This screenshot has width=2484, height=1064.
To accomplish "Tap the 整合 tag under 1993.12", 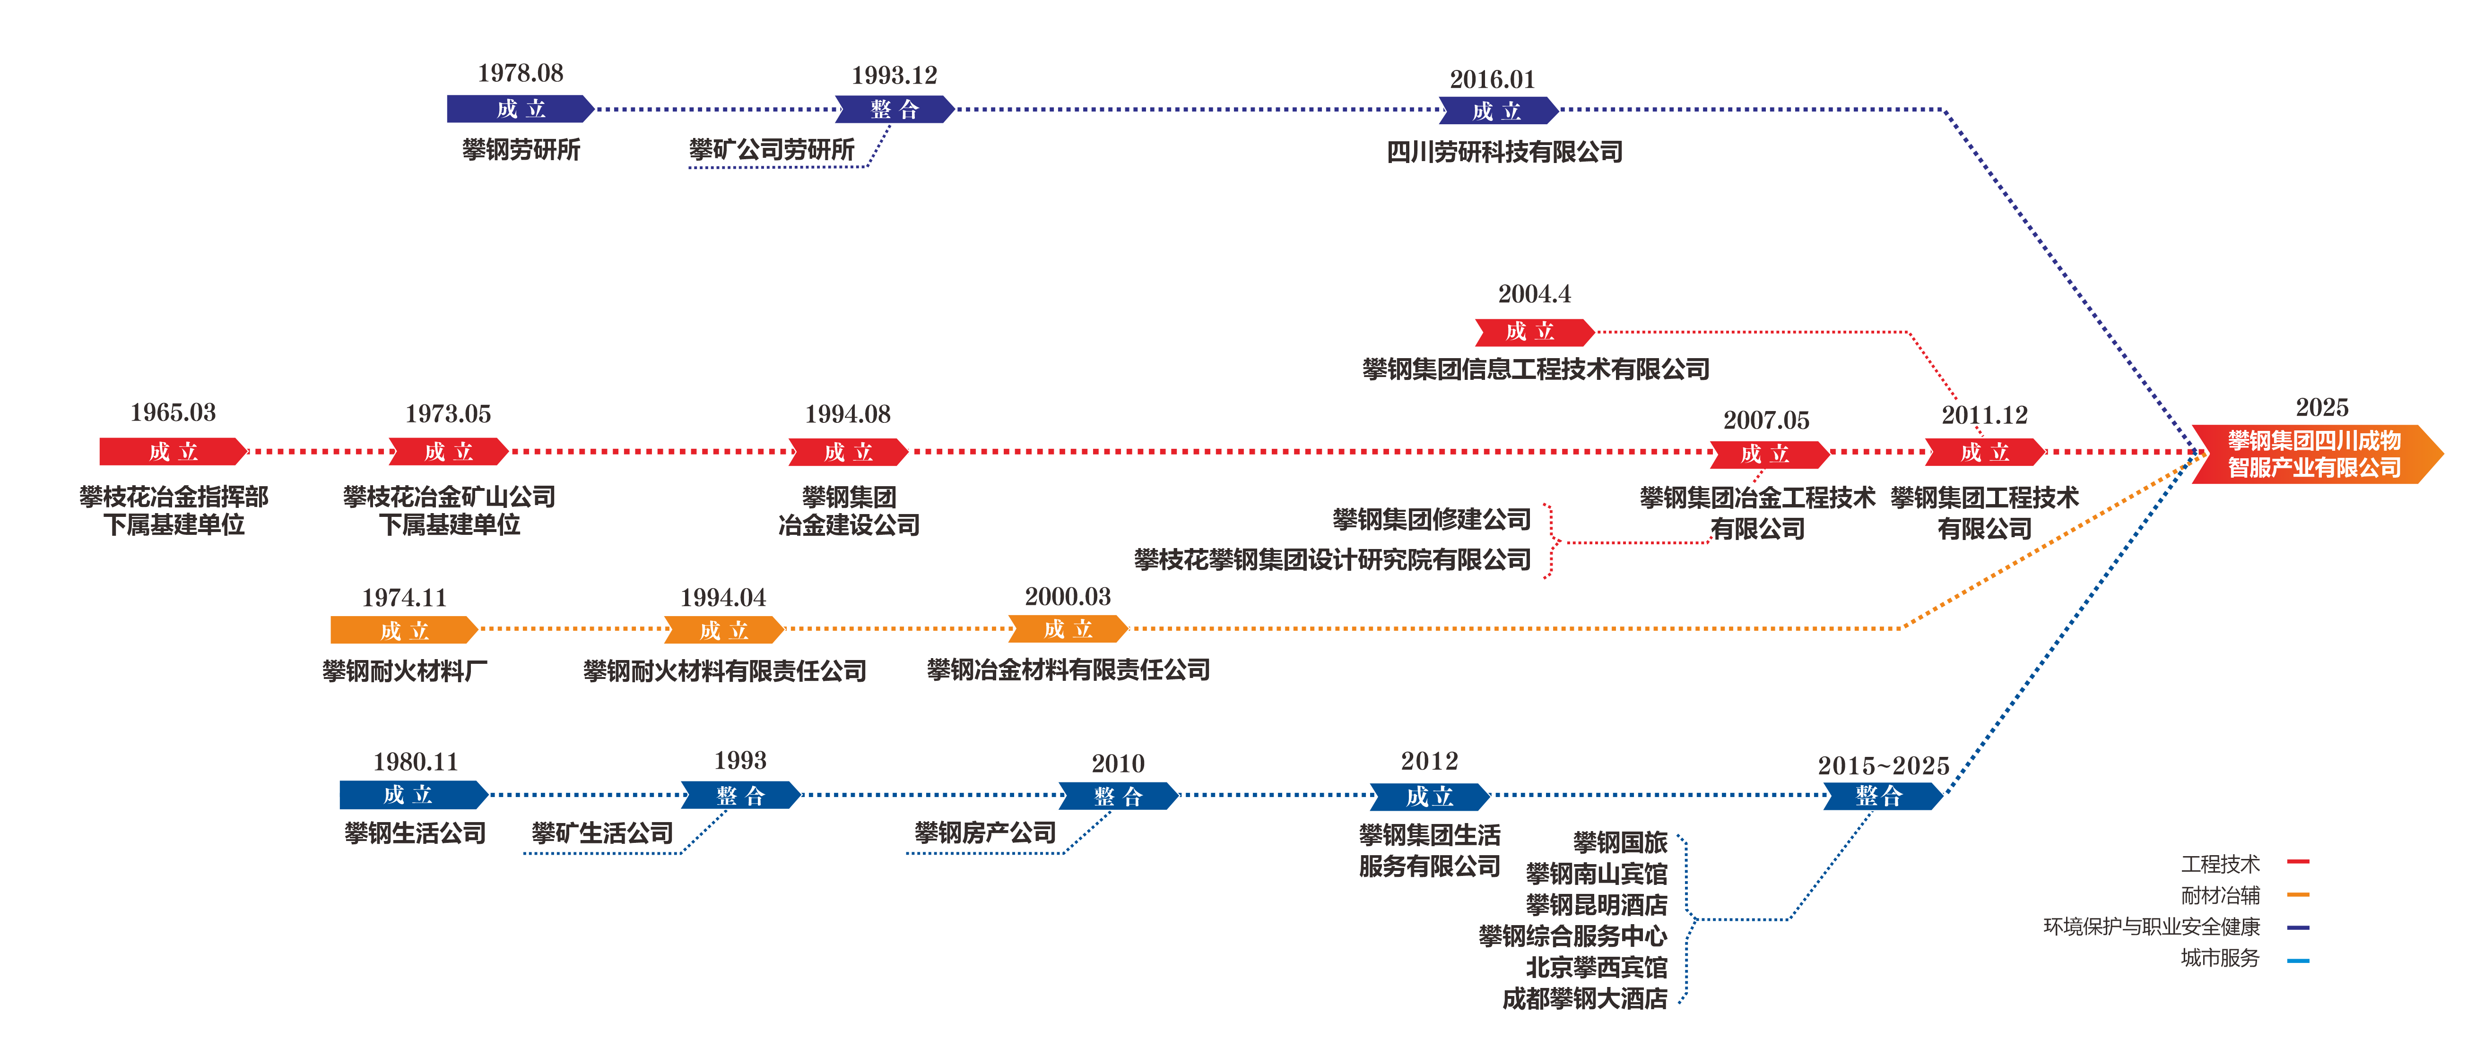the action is tap(894, 109).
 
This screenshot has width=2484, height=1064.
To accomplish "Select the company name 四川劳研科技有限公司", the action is tap(1504, 151).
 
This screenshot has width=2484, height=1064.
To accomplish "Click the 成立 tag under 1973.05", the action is tap(448, 451).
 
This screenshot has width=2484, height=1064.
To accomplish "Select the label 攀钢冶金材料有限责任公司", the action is tap(1068, 670).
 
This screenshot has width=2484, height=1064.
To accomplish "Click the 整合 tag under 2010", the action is tap(1119, 796).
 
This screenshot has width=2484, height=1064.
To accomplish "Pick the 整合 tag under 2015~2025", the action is tap(1882, 796).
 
